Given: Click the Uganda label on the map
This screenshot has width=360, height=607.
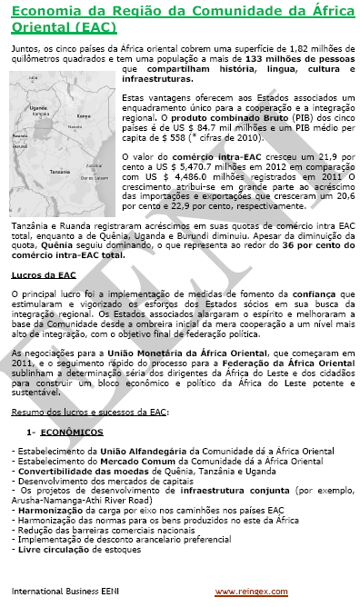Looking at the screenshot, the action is pyautogui.click(x=38, y=107).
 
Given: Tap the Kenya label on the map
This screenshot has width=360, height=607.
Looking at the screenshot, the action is pyautogui.click(x=85, y=116).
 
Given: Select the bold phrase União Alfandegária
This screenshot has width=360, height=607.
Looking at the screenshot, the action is pyautogui.click(x=121, y=450).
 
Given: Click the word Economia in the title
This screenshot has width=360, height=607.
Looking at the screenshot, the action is pyautogui.click(x=52, y=11).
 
